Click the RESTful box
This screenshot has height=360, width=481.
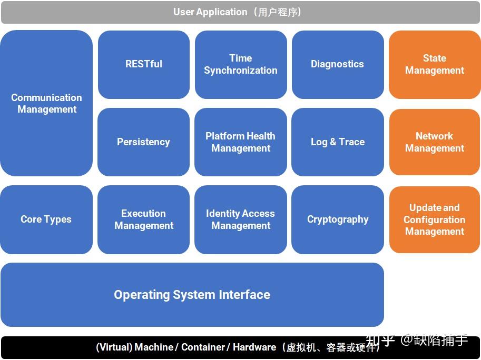coord(143,64)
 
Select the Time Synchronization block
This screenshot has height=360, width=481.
coord(241,64)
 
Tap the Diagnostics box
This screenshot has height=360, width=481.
coord(337,64)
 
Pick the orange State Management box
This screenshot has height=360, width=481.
coord(434,64)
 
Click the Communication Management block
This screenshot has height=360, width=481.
coord(46,103)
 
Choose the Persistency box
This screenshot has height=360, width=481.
coord(143,142)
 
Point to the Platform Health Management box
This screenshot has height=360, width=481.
coord(241,142)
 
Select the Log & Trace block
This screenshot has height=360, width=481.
coord(337,142)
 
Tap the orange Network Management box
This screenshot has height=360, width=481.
coord(434,142)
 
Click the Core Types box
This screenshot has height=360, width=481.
coord(46,219)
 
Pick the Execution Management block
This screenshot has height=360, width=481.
coord(143,219)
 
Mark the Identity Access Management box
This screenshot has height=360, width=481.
coord(241,219)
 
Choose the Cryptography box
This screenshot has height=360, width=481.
coord(337,219)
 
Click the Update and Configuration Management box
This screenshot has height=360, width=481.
coord(434,219)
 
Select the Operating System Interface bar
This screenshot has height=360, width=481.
coord(192,295)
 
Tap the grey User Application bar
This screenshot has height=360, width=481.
coord(240,12)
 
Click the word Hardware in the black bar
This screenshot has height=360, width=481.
coord(254,347)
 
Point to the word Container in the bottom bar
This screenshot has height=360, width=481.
coord(203,347)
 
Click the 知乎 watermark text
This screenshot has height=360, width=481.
coord(380,341)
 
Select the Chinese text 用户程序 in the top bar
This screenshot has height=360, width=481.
coord(278,12)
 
